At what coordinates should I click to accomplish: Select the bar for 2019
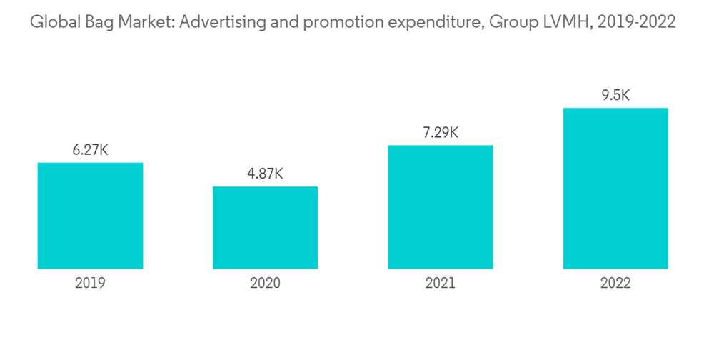[x=90, y=216]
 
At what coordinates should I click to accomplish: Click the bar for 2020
[x=265, y=228]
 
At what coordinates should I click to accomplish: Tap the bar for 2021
[x=440, y=207]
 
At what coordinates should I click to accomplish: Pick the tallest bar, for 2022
[x=615, y=189]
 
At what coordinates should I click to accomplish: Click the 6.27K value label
[x=90, y=150]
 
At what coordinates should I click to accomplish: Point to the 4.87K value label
[x=265, y=174]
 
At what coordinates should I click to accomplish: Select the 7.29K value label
[x=440, y=132]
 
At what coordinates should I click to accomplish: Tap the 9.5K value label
[x=615, y=95]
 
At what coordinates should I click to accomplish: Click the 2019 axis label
[x=90, y=284]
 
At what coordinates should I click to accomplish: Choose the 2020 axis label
[x=265, y=284]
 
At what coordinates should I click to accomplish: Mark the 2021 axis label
[x=440, y=284]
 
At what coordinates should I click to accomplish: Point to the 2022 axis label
[x=615, y=284]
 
